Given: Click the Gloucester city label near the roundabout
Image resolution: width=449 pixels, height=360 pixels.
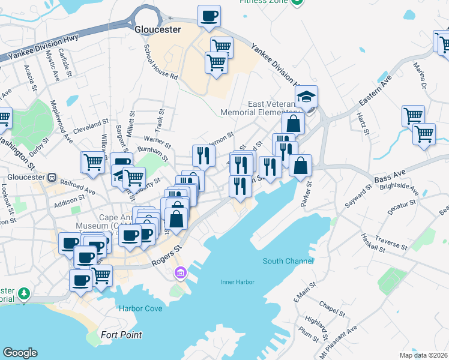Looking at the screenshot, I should point(157,29).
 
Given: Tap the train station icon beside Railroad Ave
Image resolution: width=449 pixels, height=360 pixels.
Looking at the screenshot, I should point(52,178).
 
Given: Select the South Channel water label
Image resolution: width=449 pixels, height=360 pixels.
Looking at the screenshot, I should point(288,261).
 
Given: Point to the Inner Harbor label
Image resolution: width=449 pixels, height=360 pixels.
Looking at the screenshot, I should point(238,282).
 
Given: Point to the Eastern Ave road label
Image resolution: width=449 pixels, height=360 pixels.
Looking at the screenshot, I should point(376,87).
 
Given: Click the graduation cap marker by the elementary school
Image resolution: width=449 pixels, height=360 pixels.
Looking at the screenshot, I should point(306,96).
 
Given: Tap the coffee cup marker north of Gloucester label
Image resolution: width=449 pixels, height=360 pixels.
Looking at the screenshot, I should point(209,16).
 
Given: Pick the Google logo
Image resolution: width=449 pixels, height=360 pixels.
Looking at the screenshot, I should point(20,353).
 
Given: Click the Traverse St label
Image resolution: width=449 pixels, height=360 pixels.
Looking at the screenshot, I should point(391,244).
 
